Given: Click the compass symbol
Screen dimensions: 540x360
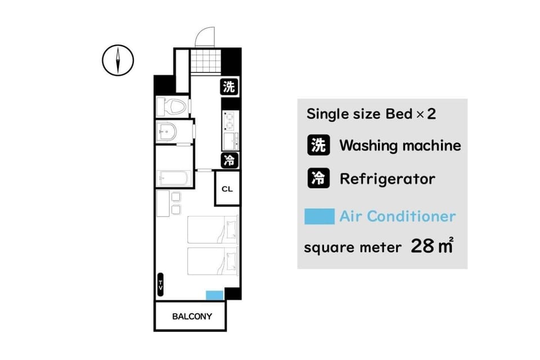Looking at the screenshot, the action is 118,60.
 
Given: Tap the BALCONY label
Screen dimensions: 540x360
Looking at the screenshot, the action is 192,316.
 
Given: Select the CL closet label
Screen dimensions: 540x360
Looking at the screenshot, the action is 227,189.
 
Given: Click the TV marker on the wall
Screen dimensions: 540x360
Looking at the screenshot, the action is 160,285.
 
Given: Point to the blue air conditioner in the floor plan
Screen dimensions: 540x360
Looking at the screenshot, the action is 214,295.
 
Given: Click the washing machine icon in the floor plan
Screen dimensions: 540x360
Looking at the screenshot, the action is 229,87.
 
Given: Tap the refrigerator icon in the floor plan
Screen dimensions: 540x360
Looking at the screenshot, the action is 229,160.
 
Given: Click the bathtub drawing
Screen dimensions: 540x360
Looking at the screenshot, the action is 174,179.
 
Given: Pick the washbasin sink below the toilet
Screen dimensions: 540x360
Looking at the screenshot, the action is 168,131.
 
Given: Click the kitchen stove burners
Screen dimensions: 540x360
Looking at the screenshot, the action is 229,120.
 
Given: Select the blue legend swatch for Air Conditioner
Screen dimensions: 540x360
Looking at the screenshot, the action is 319,217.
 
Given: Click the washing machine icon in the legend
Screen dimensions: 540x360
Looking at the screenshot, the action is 318,145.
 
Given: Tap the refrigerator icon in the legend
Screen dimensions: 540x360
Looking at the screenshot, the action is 318,178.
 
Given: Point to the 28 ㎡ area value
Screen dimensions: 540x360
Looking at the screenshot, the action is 432,245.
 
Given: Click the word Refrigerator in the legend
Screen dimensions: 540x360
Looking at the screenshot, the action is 388,179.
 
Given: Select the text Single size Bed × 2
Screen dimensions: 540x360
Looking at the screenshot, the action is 371,114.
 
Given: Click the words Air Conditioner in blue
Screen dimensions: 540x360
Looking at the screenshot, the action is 398,217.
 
